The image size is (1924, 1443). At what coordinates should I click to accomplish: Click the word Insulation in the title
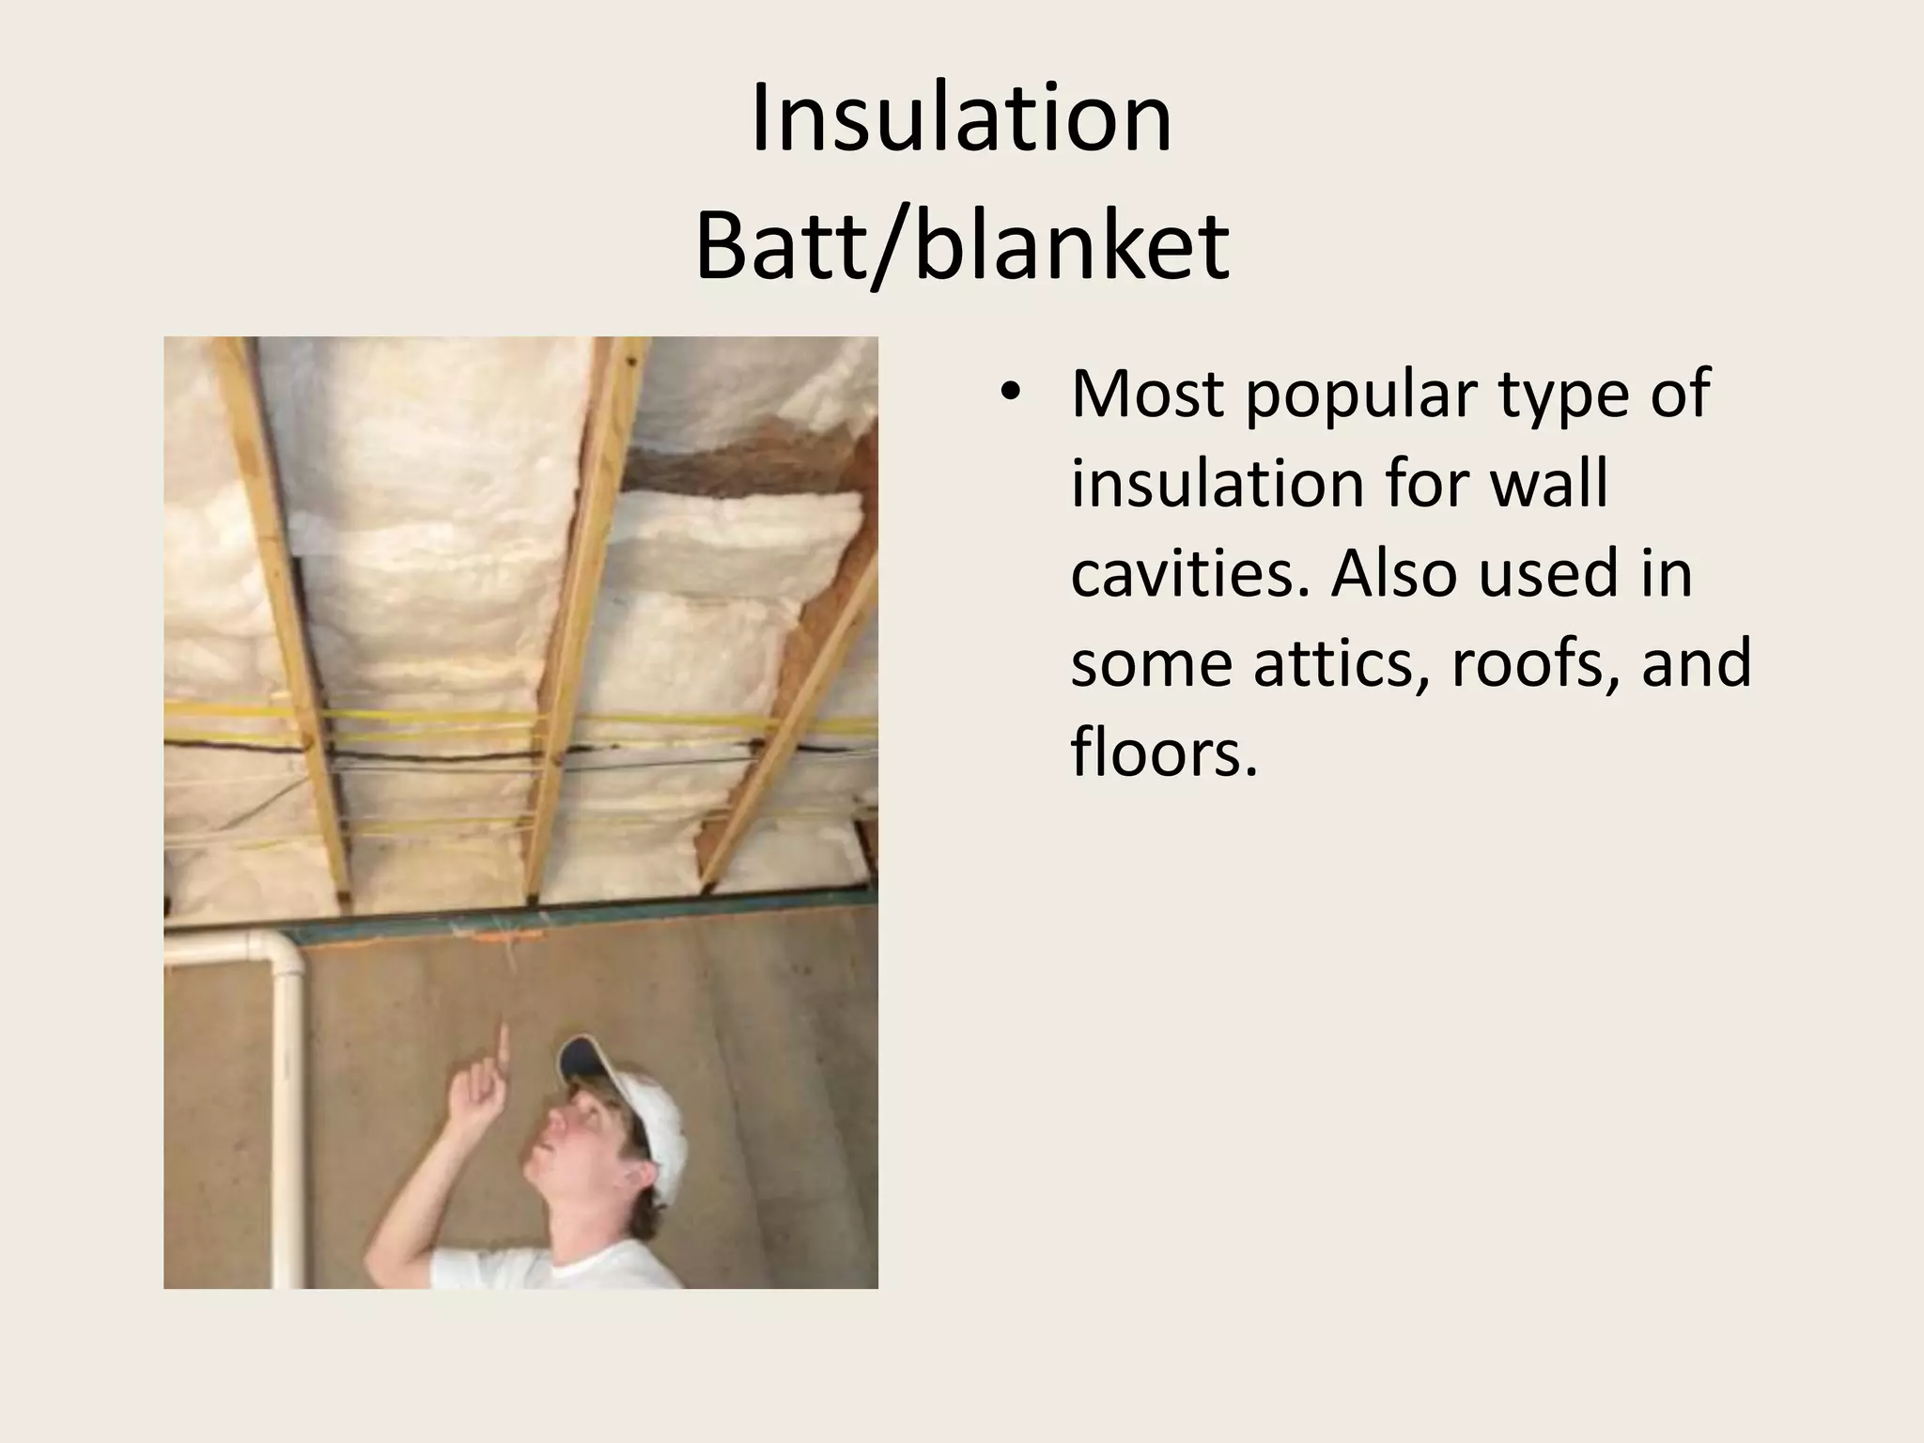(x=961, y=120)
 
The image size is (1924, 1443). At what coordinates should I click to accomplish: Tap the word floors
(x=1163, y=752)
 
